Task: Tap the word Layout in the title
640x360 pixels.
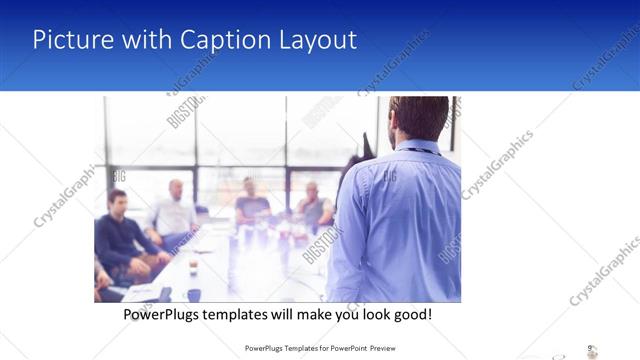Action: pyautogui.click(x=315, y=40)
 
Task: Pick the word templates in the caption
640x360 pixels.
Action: pyautogui.click(x=248, y=314)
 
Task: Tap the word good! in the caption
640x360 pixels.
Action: pyautogui.click(x=410, y=314)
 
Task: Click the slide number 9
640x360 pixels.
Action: pyautogui.click(x=590, y=348)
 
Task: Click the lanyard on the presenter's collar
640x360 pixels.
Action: pyautogui.click(x=425, y=151)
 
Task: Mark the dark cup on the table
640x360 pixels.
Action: pyautogui.click(x=193, y=295)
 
